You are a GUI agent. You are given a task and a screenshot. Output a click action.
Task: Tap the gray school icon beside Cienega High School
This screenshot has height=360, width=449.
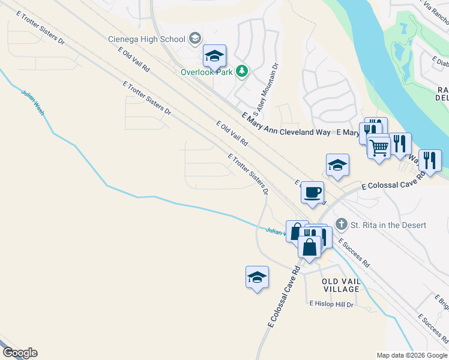(194, 40)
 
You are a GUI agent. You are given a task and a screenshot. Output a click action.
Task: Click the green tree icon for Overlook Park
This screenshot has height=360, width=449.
(241, 71)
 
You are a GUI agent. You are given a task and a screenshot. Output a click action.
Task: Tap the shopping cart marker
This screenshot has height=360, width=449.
(379, 146)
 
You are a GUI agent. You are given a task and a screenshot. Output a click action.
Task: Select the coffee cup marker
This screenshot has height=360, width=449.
(312, 193)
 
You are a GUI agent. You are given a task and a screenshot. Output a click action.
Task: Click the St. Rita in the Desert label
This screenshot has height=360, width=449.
(388, 225)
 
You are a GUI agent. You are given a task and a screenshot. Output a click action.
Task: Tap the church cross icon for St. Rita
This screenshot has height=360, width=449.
(342, 224)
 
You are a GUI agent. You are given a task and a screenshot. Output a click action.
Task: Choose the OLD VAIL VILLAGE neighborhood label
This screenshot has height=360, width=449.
(340, 285)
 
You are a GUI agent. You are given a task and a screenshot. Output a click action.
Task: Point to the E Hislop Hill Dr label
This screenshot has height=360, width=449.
(331, 304)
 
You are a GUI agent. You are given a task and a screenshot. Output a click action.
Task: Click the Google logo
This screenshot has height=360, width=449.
(20, 353)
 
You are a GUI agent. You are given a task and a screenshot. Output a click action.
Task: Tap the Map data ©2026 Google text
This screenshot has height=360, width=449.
(412, 355)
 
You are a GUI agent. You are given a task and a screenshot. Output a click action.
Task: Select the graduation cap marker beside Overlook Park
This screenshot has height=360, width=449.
(214, 56)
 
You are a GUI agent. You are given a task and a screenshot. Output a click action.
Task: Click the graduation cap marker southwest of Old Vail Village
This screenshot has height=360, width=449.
(257, 277)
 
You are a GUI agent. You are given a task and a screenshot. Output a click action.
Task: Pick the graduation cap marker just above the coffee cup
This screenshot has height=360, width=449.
(337, 165)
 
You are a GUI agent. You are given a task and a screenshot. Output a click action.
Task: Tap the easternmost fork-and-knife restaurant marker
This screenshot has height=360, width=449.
(430, 160)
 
